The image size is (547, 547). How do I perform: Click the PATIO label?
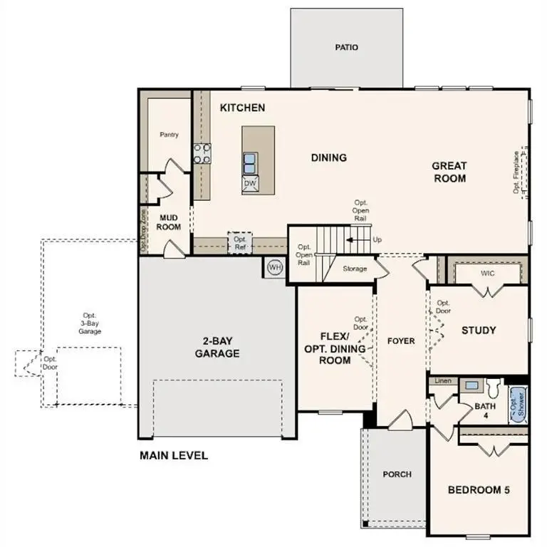pyautogui.click(x=346, y=48)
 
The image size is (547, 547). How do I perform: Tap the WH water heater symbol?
pyautogui.click(x=275, y=268)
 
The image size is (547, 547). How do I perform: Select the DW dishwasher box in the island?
pyautogui.click(x=250, y=184)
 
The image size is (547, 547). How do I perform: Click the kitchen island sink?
pyautogui.click(x=250, y=163)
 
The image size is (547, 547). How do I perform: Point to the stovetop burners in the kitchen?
pyautogui.click(x=202, y=154)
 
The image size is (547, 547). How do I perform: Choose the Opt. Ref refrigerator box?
pyautogui.click(x=240, y=243)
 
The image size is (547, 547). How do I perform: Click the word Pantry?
pyautogui.click(x=169, y=135)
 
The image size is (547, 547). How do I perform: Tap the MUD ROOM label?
pyautogui.click(x=169, y=222)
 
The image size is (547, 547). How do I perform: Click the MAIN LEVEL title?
pyautogui.click(x=174, y=455)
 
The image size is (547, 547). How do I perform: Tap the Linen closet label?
pyautogui.click(x=443, y=381)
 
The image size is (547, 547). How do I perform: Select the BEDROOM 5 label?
pyautogui.click(x=478, y=490)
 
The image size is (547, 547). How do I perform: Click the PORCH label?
pyautogui.click(x=397, y=474)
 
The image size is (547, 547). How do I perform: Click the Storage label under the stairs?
pyautogui.click(x=355, y=269)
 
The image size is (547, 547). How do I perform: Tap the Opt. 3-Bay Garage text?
pyautogui.click(x=90, y=323)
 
